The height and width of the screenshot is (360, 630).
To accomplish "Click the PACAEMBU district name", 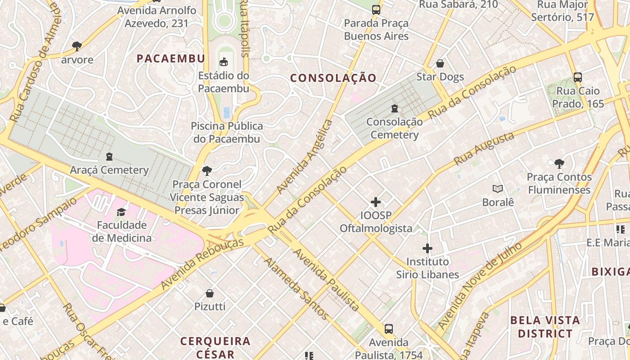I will click(x=171, y=58).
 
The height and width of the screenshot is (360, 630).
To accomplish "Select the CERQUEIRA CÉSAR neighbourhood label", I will click(x=215, y=347).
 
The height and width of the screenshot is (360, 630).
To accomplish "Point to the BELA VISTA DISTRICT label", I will click(x=545, y=327).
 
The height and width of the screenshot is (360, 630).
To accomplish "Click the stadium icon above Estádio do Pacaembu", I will click(x=224, y=61).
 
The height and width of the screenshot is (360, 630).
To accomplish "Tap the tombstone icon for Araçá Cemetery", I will click(x=109, y=157).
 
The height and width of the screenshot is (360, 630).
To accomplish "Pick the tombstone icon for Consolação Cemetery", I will click(x=395, y=108).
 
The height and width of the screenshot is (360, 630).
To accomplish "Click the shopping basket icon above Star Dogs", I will click(x=440, y=63).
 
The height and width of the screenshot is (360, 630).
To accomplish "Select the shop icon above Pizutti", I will click(x=210, y=293).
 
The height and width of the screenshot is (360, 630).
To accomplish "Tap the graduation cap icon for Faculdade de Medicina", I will click(x=121, y=211).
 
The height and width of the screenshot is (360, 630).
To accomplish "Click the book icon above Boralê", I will click(x=498, y=189).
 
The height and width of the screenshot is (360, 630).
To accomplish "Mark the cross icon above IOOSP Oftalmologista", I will click(x=376, y=202).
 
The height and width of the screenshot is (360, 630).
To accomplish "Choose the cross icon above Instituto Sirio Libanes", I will click(x=427, y=248).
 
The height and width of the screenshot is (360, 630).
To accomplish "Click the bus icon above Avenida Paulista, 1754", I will click(x=389, y=329).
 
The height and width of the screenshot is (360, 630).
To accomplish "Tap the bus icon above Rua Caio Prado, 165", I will click(x=578, y=77).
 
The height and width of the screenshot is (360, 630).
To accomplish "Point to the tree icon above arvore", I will click(x=77, y=46).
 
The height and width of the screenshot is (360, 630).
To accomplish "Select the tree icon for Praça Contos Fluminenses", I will click(x=559, y=163).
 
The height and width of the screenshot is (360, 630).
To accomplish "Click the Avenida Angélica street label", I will click(x=305, y=157).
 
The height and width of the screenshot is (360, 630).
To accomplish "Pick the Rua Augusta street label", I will click(x=484, y=148).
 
